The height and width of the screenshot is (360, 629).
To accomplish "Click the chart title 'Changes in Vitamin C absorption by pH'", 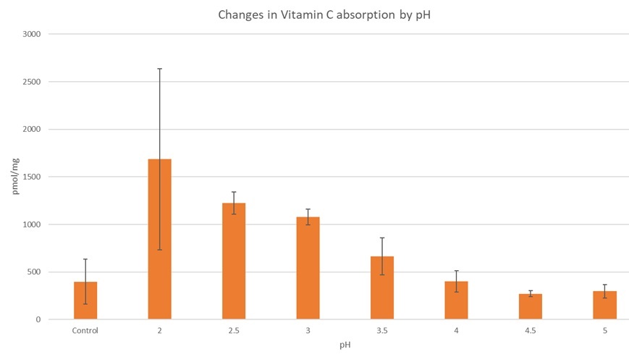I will (x=315, y=14).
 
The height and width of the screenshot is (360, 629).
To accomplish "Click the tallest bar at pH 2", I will (x=159, y=239).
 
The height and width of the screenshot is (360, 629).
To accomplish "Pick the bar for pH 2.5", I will (x=234, y=261).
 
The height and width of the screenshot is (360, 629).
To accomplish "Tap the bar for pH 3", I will (x=308, y=268).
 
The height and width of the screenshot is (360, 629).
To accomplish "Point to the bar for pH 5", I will (x=604, y=305).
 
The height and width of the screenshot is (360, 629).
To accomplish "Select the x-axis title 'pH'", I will (x=345, y=346).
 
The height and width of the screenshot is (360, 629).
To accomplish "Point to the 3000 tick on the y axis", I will (x=33, y=34).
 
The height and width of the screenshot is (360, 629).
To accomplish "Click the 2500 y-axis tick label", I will (x=33, y=82).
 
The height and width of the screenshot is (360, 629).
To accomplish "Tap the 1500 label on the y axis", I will (x=33, y=177).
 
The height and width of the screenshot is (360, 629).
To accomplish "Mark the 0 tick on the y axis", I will (x=39, y=319).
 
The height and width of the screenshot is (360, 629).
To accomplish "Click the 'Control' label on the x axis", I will (x=85, y=331).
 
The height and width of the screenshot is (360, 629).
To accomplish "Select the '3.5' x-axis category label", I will (x=382, y=331).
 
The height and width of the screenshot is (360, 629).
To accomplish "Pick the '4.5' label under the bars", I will (x=531, y=331).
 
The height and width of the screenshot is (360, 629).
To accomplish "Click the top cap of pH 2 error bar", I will (x=159, y=69).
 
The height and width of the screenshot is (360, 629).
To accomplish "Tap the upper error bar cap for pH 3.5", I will (x=382, y=238).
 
